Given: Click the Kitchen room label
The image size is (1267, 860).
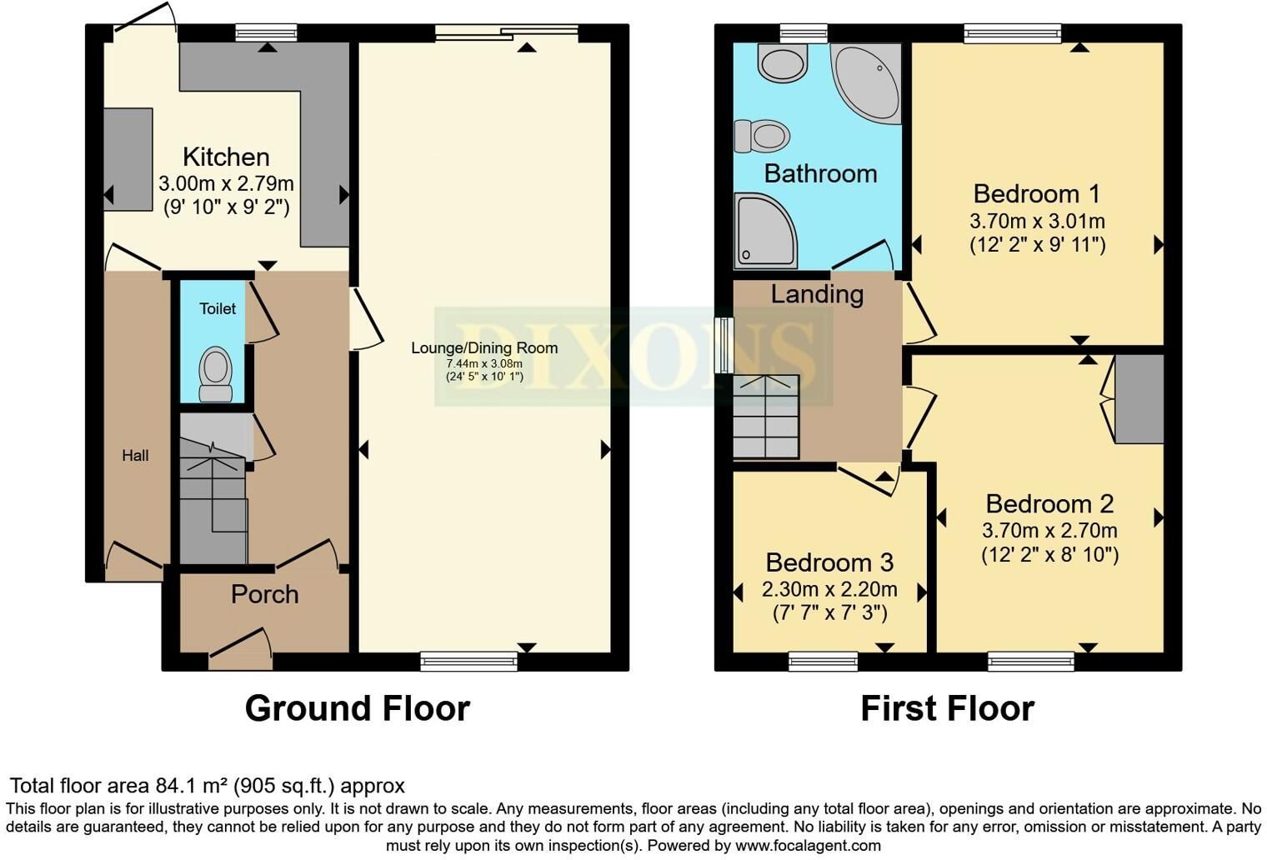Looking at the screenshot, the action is tap(226, 157).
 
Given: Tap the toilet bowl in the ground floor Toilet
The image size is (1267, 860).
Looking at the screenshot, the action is tap(216, 373).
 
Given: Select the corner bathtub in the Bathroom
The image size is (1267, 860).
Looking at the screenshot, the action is tap(867, 83).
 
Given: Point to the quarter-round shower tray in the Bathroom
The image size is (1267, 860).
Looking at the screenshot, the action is tap(765, 230).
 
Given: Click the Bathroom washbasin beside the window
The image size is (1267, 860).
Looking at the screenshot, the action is tap(783, 62).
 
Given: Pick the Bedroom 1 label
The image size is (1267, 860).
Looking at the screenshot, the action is tap(1036, 194).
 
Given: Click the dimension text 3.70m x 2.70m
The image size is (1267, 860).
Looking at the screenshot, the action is tap(1049, 530).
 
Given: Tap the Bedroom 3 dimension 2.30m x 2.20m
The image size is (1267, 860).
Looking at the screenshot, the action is tap(829, 589).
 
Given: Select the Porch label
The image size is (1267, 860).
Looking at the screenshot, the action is tap(265, 594).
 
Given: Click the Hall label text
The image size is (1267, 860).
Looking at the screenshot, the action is tap(135, 455).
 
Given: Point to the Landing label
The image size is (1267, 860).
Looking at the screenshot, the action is tap(817, 294).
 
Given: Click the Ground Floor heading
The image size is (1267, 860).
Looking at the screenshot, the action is tap(357, 707).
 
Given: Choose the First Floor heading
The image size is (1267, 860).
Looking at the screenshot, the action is tap(948, 707).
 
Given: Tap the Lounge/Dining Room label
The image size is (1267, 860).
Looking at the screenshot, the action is tap(484, 347).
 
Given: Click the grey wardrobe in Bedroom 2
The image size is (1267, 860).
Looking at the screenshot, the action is tap(1139, 399).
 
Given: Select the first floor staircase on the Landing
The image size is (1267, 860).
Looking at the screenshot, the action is tap(766, 416).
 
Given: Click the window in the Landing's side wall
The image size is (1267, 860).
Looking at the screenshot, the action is tap(724, 345).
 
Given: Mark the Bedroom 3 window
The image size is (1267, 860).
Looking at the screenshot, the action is tap(823, 661).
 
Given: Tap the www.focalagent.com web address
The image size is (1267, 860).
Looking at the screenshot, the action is tap(808, 845).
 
